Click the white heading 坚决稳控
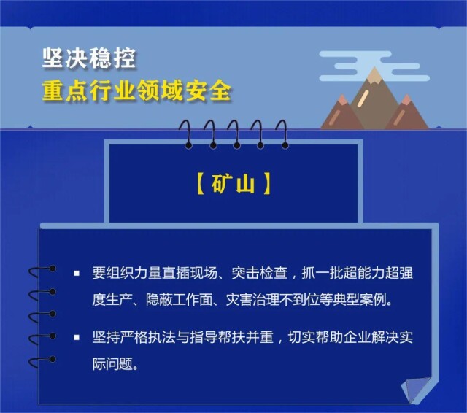89,58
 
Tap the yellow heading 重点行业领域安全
136,90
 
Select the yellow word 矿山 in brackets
233,184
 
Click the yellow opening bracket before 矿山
201,184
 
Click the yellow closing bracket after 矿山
267,184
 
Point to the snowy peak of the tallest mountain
374,74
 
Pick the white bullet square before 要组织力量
77,273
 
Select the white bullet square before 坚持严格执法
77,337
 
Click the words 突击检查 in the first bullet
260,273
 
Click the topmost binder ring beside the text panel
42,271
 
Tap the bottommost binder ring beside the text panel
42,362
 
